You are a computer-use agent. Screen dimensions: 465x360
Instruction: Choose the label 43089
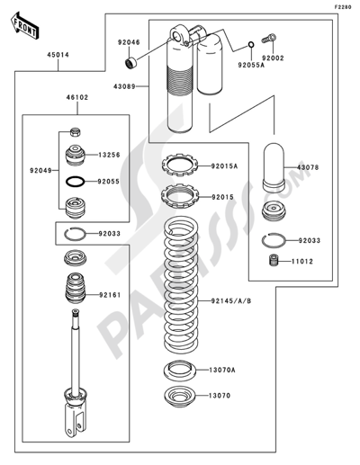(x=125, y=85)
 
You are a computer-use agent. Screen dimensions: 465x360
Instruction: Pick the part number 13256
(x=112, y=155)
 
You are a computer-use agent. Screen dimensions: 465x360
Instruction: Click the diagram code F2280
(x=343, y=6)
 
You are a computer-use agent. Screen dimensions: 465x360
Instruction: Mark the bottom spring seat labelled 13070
(x=178, y=396)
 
